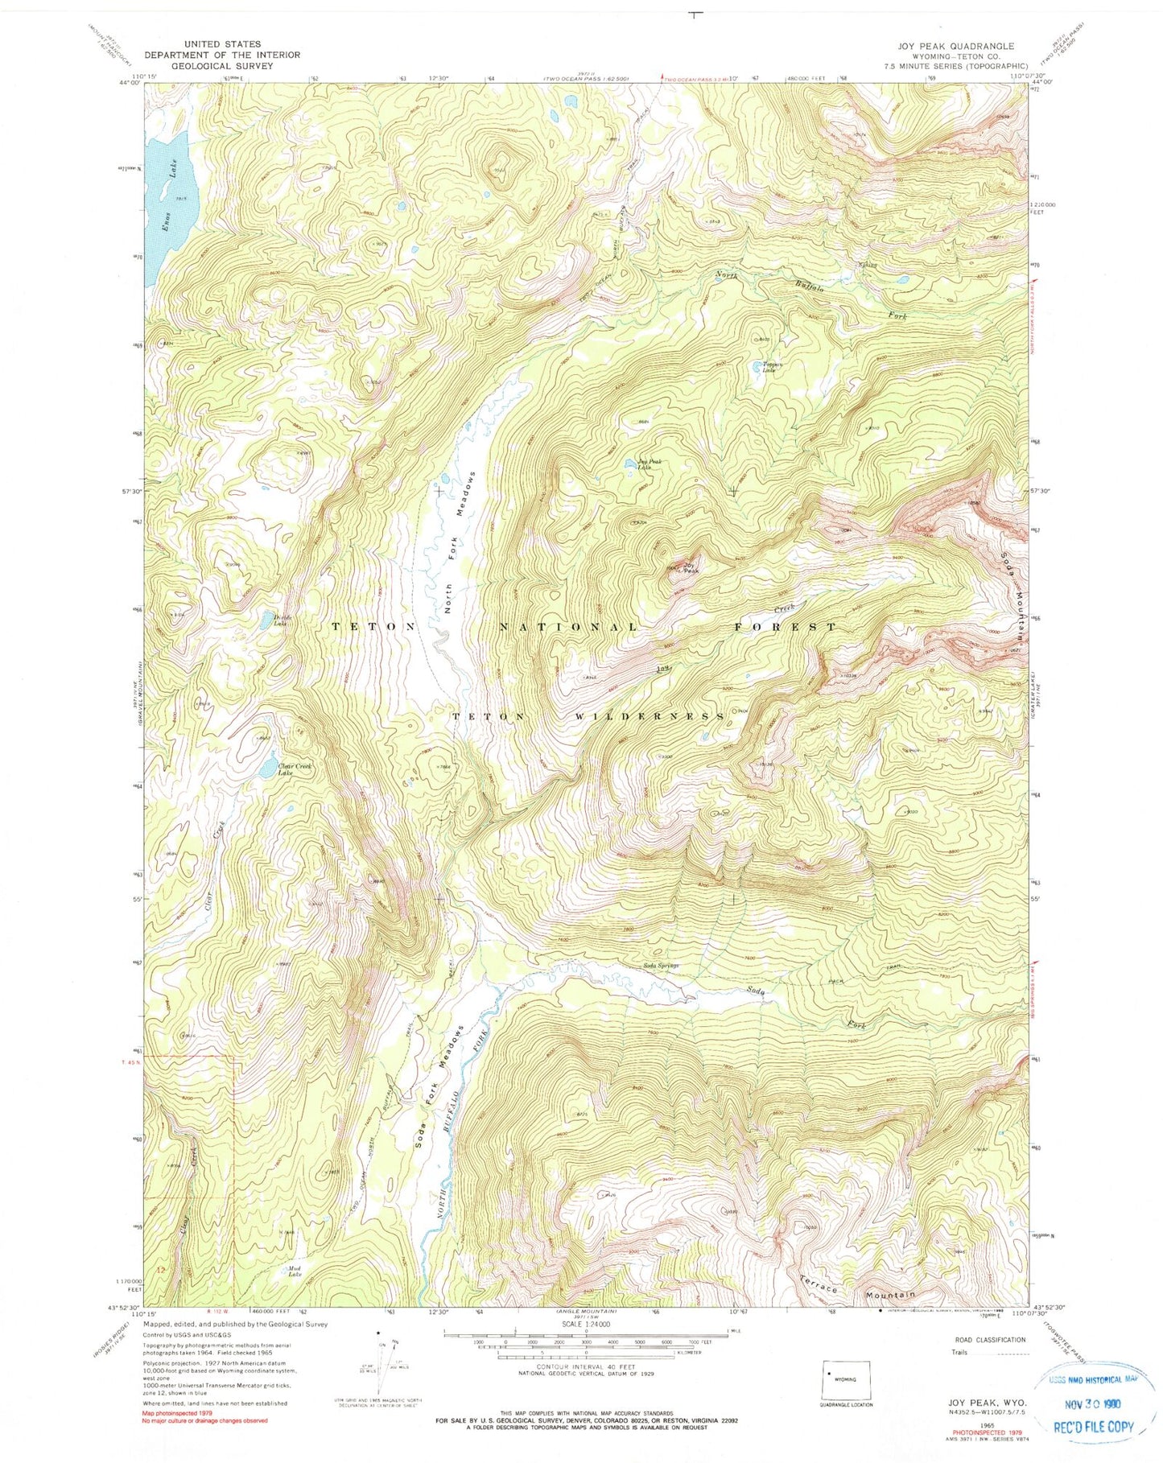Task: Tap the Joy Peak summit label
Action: (x=688, y=567)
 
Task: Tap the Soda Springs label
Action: (x=660, y=965)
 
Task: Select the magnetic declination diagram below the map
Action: (x=383, y=1363)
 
